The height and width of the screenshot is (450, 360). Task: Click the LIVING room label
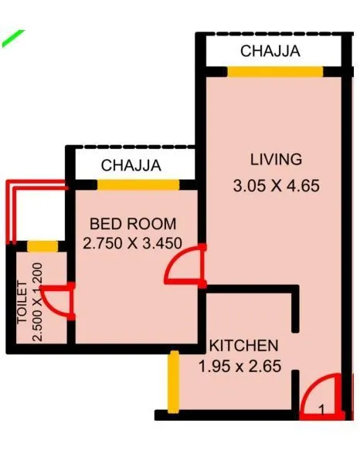point(275,160)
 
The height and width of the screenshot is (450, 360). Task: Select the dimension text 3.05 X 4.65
point(276,186)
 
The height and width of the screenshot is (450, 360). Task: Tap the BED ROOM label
point(133,224)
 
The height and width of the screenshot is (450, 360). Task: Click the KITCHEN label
point(244,345)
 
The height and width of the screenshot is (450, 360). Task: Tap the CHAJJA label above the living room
point(270,52)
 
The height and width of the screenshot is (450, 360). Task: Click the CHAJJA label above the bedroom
point(131,165)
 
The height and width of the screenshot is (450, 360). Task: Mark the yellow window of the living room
point(274,72)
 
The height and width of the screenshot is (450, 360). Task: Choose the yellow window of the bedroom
point(138,184)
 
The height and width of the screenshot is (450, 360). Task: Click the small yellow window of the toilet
point(42,246)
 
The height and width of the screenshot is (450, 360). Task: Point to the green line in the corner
point(13,39)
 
